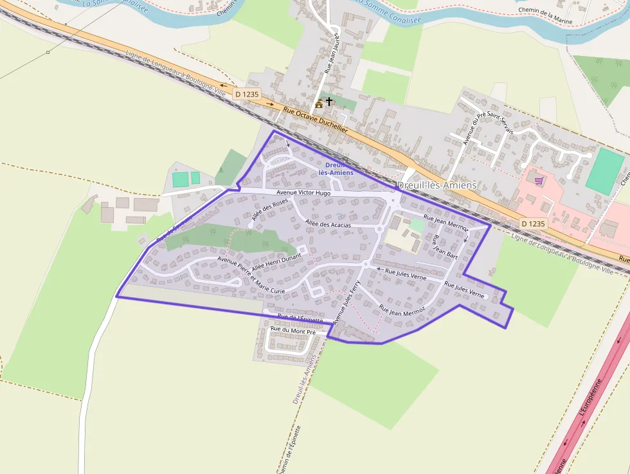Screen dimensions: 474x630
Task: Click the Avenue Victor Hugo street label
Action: coord(303,193)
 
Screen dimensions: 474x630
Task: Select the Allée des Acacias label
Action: coord(328,224)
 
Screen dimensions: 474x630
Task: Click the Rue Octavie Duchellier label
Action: coord(315,120)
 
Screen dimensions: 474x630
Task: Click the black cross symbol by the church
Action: coord(330,102)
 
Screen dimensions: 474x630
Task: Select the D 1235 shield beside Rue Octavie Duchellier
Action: coord(246,94)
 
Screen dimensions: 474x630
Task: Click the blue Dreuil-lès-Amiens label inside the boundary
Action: coord(335,169)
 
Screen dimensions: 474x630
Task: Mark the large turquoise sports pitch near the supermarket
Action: coord(605,172)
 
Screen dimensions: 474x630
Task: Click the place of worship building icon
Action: coord(319,103)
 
